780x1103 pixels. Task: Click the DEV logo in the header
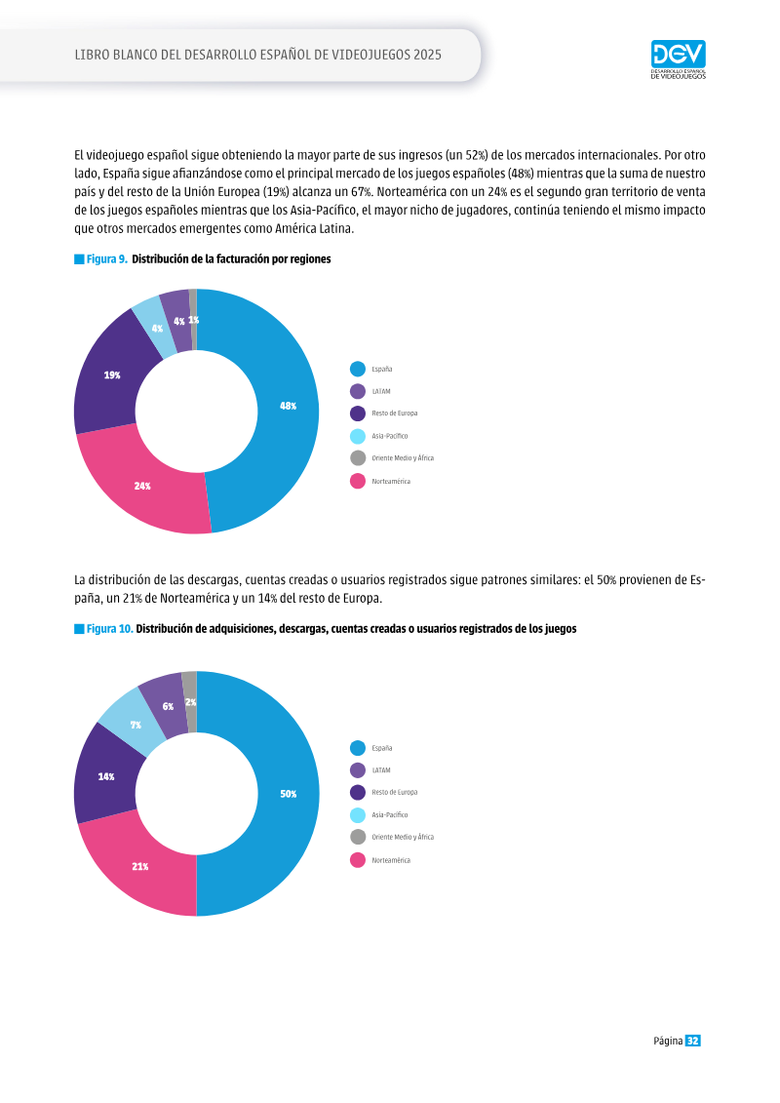[x=678, y=59]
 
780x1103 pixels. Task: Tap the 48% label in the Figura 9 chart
[x=289, y=406]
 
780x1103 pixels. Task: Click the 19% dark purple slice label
[x=112, y=374]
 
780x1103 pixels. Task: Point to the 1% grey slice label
[x=193, y=320]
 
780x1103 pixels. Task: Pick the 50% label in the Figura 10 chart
[x=289, y=794]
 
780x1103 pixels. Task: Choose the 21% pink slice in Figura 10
[x=140, y=867]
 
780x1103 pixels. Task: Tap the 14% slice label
[x=106, y=776]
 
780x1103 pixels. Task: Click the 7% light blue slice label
[x=136, y=725]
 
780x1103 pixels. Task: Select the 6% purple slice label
[x=168, y=706]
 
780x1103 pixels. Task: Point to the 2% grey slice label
[x=190, y=702]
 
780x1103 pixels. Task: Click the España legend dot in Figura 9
[x=358, y=369]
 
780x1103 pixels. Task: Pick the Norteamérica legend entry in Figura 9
[x=380, y=481]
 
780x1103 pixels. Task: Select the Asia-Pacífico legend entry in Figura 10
[x=379, y=814]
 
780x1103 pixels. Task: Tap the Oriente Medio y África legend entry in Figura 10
[x=392, y=837]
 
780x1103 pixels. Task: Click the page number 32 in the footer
[x=693, y=1041]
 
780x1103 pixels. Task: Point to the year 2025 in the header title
[x=428, y=55]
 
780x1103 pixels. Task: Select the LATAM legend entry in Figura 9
[x=370, y=391]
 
